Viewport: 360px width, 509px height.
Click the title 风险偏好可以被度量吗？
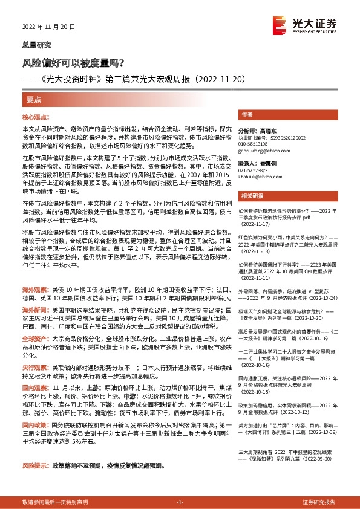[x=73, y=62]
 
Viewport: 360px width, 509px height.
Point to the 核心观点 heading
[x=38, y=116]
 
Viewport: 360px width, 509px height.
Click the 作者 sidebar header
[x=247, y=114]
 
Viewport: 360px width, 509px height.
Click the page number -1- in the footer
[x=180, y=502]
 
